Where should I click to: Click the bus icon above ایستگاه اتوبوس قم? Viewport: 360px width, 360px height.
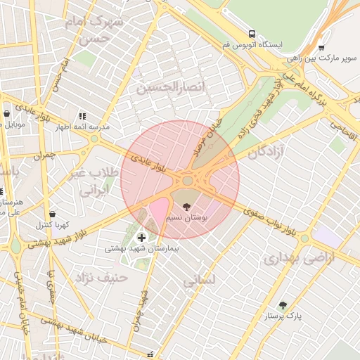pos(252,33)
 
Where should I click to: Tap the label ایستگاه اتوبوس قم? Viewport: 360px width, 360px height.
pos(252,45)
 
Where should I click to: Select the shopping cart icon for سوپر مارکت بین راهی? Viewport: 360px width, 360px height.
pos(321,48)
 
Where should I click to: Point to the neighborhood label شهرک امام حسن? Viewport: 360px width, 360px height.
pos(94,30)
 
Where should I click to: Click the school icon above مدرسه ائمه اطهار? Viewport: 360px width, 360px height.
pos(82,116)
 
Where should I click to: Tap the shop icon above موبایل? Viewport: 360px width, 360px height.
pos(6,112)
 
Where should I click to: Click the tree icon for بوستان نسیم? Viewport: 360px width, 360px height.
pos(186,207)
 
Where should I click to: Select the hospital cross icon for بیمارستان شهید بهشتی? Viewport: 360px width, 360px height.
pos(142,238)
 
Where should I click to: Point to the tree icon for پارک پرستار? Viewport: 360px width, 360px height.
pos(283,305)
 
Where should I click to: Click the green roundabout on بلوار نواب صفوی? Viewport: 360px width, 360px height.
pos(304,238)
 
